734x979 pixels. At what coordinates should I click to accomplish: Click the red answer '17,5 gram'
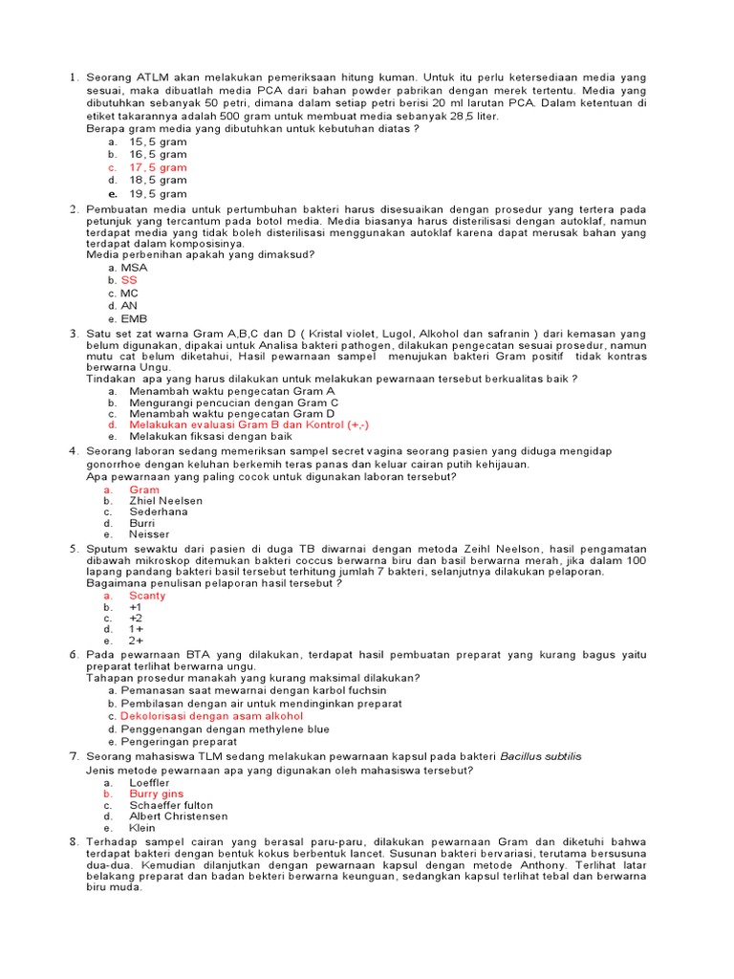coord(158,167)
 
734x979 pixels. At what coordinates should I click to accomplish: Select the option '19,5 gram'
coord(158,193)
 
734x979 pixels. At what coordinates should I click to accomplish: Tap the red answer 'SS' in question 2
coord(129,280)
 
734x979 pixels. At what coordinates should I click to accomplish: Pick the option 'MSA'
coord(134,268)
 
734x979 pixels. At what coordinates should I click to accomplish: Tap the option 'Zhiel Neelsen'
coord(165,500)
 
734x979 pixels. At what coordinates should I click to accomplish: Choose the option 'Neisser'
coord(149,534)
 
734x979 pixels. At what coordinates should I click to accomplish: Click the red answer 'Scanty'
coord(147,596)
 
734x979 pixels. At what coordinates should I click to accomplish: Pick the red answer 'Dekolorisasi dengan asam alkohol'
coord(211,715)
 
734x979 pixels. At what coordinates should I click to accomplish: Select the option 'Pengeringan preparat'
coord(178,741)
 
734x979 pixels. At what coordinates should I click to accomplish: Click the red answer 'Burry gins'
coord(156,794)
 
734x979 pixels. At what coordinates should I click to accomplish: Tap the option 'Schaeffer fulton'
coord(171,805)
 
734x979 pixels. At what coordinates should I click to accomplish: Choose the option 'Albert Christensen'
coord(179,816)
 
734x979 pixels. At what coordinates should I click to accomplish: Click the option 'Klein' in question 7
coord(143,828)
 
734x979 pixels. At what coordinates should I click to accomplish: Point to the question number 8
coord(74,840)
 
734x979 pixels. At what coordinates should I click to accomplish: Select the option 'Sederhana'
coord(158,511)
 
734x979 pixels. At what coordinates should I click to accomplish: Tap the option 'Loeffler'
coord(149,782)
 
